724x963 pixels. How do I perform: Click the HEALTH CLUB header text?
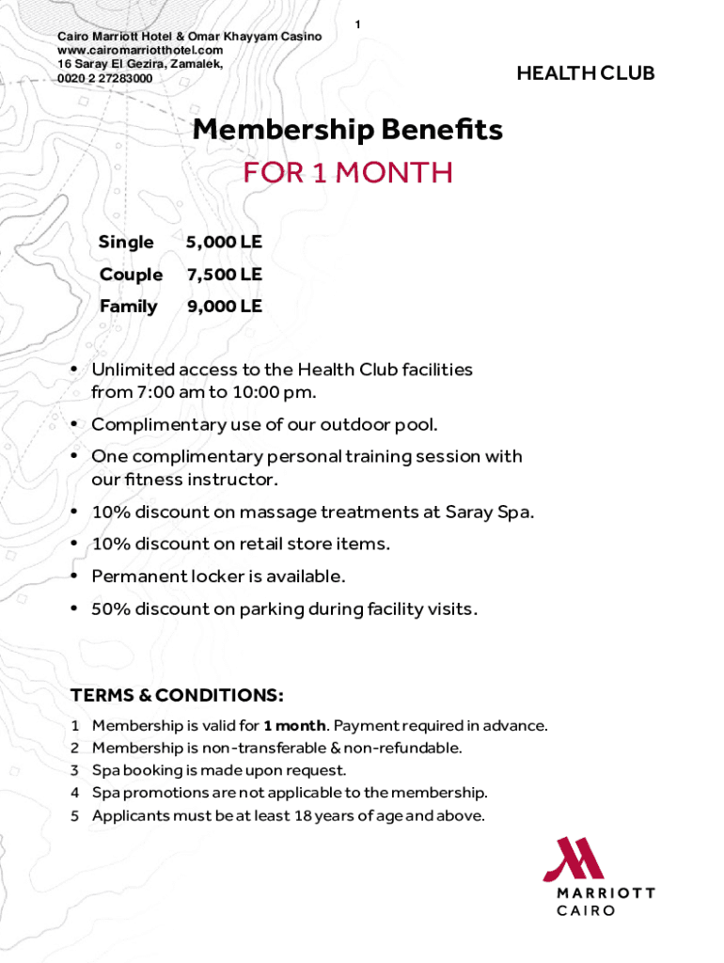pos(585,73)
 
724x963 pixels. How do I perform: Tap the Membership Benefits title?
pos(347,131)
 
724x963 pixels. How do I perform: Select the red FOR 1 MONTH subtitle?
pos(347,173)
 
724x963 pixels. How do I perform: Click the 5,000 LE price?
pos(224,243)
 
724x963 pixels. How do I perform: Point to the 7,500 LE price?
pos(224,275)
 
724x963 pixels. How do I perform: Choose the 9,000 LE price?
pos(224,307)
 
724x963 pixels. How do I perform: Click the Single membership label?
pos(126,243)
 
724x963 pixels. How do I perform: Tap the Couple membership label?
pos(131,275)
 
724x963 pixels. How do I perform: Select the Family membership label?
pos(128,307)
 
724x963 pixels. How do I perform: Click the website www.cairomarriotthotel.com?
pos(140,50)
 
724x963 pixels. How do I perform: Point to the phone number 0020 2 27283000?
pos(104,78)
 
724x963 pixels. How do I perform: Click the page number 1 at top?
pos(357,23)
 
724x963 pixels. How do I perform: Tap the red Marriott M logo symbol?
pos(576,858)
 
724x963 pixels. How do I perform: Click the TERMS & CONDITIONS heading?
pos(177,696)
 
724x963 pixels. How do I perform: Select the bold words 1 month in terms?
pos(295,726)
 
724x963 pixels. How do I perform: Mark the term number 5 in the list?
pos(75,815)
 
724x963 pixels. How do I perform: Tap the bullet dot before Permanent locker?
pos(73,576)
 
